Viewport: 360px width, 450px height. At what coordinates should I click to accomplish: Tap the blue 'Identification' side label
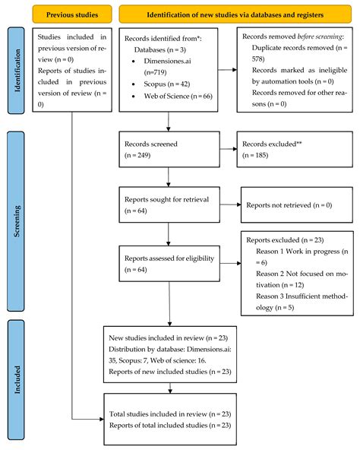coord(16,73)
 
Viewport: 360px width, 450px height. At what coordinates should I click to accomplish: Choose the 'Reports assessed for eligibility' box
coord(169,263)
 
